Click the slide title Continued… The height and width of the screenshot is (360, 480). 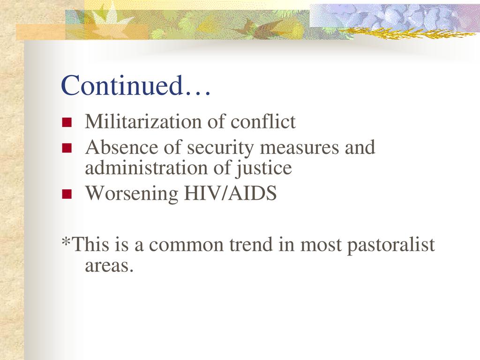pyautogui.click(x=136, y=85)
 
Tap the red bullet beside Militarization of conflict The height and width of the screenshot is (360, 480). pyautogui.click(x=67, y=122)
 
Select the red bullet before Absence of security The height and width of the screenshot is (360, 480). pyautogui.click(x=67, y=148)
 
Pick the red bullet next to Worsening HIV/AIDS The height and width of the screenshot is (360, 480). pyautogui.click(x=67, y=194)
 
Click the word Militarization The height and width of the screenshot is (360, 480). pyautogui.click(x=143, y=121)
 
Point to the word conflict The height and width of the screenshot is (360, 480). pyautogui.click(x=263, y=121)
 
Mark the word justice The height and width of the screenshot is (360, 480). pyautogui.click(x=263, y=169)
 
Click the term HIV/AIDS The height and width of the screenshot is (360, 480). pyautogui.click(x=230, y=193)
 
